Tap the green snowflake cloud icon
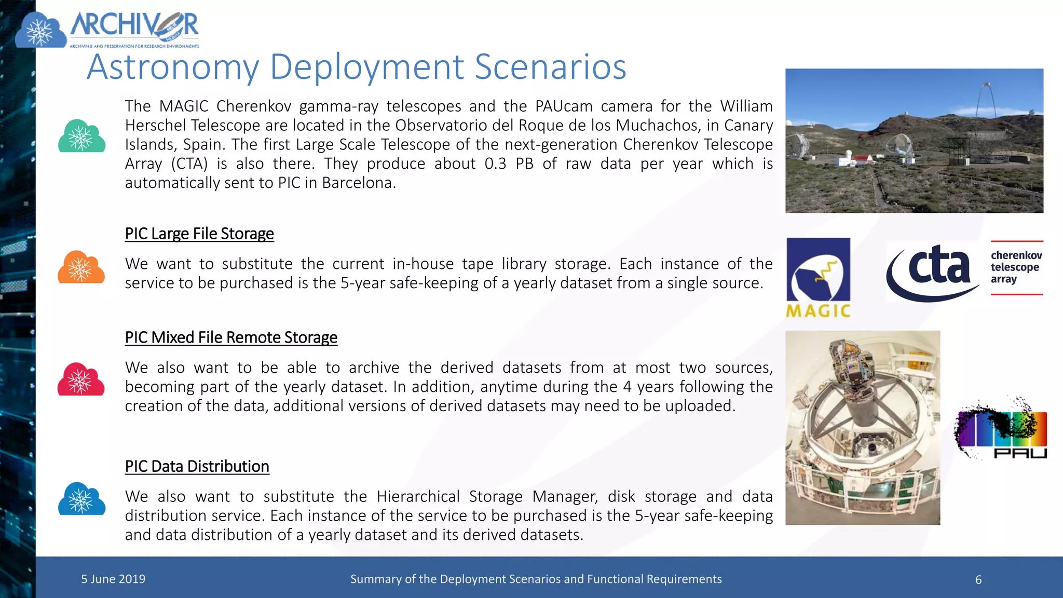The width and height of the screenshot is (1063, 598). (x=81, y=136)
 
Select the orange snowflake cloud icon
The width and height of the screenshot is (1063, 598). (x=81, y=267)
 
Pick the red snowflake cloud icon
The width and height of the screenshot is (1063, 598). (x=81, y=379)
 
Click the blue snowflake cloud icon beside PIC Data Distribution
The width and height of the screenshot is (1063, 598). (x=81, y=499)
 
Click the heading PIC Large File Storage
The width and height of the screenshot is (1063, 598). (x=199, y=234)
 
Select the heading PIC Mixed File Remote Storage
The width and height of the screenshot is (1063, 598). (x=231, y=337)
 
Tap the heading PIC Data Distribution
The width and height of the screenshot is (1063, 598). (x=197, y=466)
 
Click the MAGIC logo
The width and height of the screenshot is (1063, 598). (x=818, y=277)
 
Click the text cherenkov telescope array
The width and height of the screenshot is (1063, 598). (x=1015, y=267)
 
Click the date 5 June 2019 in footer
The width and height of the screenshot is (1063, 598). (x=113, y=579)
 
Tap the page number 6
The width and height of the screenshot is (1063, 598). (x=978, y=580)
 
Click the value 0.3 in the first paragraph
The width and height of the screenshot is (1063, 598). (x=495, y=164)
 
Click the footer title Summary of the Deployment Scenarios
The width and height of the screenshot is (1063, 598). (x=536, y=579)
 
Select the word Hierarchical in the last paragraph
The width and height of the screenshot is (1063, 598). (x=418, y=496)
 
